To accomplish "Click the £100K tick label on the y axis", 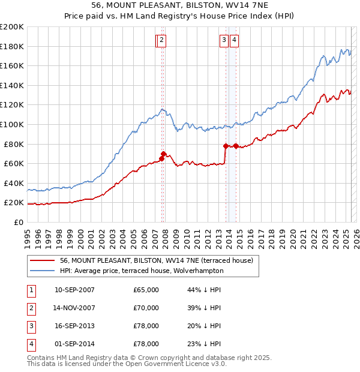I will pyautogui.click(x=11, y=124).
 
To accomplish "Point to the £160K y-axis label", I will pyautogui.click(x=11, y=65).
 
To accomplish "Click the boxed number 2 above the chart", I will pyautogui.click(x=163, y=40).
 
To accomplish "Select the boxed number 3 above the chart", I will pyautogui.click(x=223, y=40).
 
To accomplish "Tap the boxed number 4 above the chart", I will pyautogui.click(x=234, y=40).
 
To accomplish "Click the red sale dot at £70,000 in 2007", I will pyautogui.click(x=164, y=154).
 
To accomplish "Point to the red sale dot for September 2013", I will pyautogui.click(x=226, y=146).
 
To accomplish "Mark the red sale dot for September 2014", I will pyautogui.click(x=236, y=146).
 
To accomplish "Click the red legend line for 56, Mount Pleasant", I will pyautogui.click(x=42, y=261).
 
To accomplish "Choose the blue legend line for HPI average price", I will pyautogui.click(x=42, y=271).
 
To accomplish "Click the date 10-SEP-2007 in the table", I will pyautogui.click(x=74, y=290).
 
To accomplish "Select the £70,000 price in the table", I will pyautogui.click(x=146, y=308).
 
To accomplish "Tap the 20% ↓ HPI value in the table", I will pyautogui.click(x=204, y=326).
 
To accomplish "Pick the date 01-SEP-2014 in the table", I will pyautogui.click(x=74, y=344).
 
